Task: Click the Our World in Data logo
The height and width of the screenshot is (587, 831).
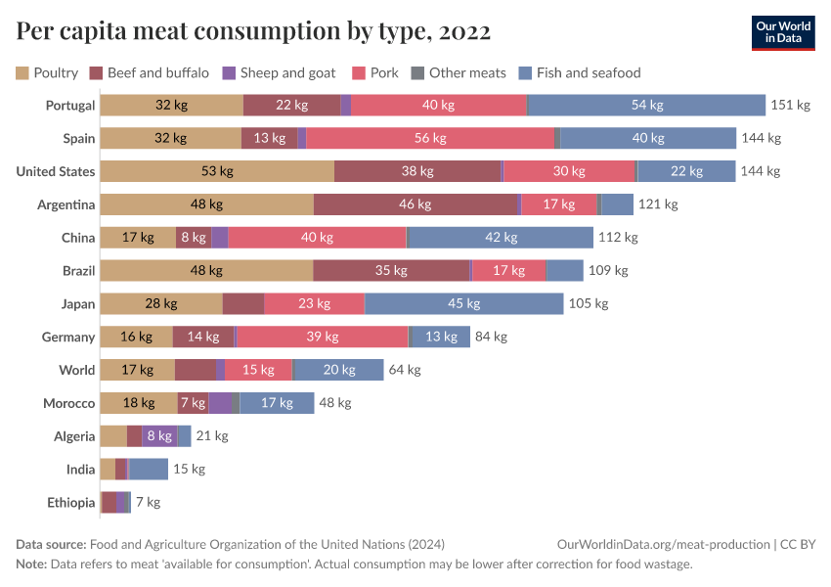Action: [783, 32]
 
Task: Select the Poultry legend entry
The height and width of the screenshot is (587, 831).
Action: [47, 72]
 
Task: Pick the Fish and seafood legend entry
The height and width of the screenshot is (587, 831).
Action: [579, 72]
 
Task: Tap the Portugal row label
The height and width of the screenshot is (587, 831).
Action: [70, 106]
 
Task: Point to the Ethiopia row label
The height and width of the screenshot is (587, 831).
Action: [71, 503]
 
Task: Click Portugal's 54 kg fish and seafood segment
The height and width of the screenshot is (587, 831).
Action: [646, 106]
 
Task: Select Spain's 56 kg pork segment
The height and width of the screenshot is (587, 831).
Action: [430, 139]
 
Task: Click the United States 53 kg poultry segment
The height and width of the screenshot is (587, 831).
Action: [217, 171]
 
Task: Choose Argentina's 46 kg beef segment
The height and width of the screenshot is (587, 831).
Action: [415, 204]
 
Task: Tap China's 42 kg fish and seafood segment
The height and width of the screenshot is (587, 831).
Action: [500, 238]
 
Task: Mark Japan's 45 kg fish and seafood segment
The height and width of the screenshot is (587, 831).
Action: [463, 303]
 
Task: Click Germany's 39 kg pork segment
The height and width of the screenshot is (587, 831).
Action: [323, 337]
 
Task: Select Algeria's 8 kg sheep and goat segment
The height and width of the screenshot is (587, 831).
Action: [158, 436]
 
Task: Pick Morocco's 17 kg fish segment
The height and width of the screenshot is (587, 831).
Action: [277, 403]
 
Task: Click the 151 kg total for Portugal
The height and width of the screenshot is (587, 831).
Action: [791, 106]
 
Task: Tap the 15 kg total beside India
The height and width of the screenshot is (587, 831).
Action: [189, 470]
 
